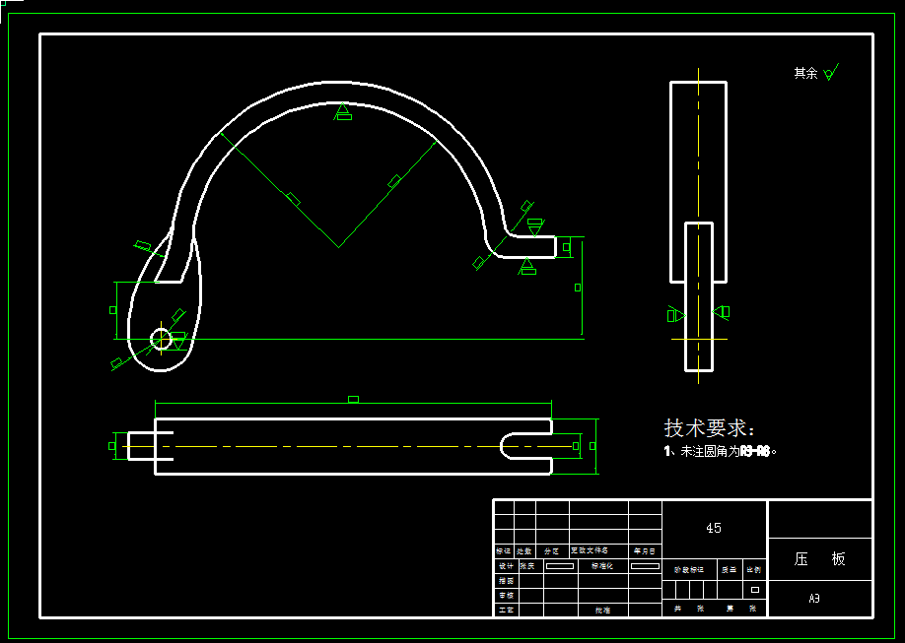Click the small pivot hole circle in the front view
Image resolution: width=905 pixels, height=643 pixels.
tap(161, 339)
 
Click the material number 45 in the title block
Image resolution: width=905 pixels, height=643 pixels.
tap(714, 528)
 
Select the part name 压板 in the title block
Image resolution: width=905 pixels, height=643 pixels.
tap(820, 558)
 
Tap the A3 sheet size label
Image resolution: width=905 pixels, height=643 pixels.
tap(814, 598)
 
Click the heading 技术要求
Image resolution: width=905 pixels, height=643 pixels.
tap(709, 428)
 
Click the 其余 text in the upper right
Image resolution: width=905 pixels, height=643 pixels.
tap(805, 73)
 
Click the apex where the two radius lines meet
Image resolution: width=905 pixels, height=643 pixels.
tap(338, 246)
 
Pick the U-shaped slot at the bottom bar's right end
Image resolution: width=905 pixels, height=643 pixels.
tap(522, 446)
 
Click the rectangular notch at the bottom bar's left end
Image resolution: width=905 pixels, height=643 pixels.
tap(164, 446)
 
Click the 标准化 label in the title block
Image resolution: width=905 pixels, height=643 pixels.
tap(601, 566)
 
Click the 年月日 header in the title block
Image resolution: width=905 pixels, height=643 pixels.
tap(645, 551)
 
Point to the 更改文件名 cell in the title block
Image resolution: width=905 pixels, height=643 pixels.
tap(590, 551)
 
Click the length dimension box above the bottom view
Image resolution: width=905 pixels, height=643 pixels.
tap(353, 399)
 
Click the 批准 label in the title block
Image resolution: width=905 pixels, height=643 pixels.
tap(601, 611)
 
